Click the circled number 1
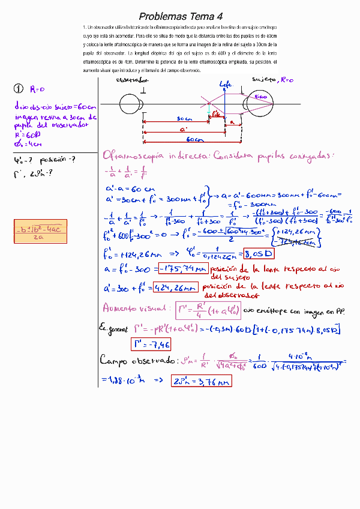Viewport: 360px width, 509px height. click(x=18, y=89)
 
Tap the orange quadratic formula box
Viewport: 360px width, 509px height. click(x=40, y=232)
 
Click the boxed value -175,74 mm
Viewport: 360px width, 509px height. click(x=184, y=268)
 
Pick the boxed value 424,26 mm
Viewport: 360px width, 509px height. click(x=175, y=288)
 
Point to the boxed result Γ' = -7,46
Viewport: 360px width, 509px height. click(x=151, y=343)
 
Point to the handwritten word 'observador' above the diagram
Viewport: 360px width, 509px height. click(x=133, y=79)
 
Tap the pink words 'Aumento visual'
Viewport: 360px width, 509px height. click(x=136, y=308)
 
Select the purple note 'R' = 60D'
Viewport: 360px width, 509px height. click(x=29, y=135)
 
